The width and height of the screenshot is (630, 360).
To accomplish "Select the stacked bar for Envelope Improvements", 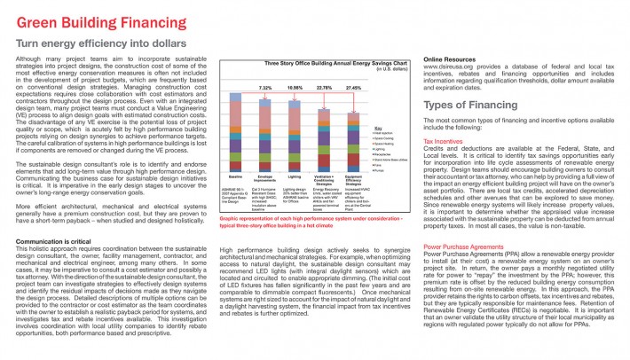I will (x=265, y=125).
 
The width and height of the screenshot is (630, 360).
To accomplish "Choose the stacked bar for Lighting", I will (x=295, y=127).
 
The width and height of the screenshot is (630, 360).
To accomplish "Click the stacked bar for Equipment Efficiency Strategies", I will (x=354, y=131).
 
